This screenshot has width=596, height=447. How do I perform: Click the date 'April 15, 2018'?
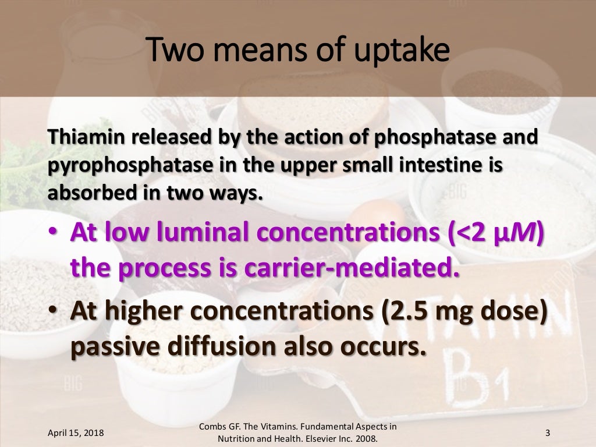point(76,433)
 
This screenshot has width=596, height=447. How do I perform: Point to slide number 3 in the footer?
point(547,433)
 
